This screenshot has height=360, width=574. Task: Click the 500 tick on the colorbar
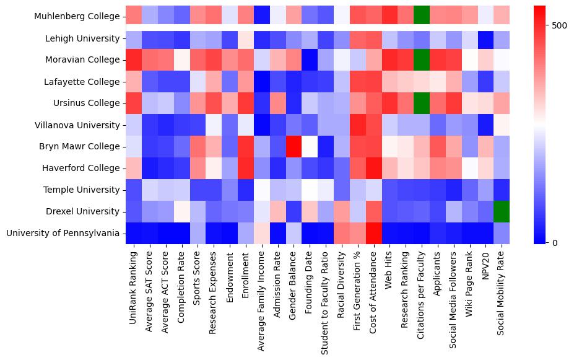click(560, 25)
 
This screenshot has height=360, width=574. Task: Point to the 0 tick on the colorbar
click(555, 242)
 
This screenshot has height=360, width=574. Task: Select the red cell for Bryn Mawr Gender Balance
click(293, 146)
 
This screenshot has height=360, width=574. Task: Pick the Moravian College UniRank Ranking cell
click(134, 60)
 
